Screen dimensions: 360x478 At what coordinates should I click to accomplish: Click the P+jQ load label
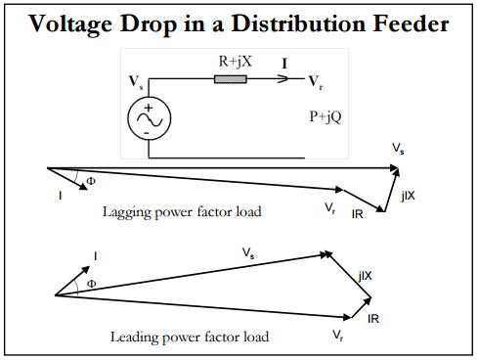317,114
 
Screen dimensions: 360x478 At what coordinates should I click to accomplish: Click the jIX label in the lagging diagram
407,197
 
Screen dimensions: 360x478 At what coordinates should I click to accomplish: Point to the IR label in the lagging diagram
359,212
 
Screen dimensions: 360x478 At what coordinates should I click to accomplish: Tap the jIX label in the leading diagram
365,277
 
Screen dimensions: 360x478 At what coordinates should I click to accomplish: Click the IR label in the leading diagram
373,319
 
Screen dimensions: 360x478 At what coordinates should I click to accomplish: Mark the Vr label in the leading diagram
338,337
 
